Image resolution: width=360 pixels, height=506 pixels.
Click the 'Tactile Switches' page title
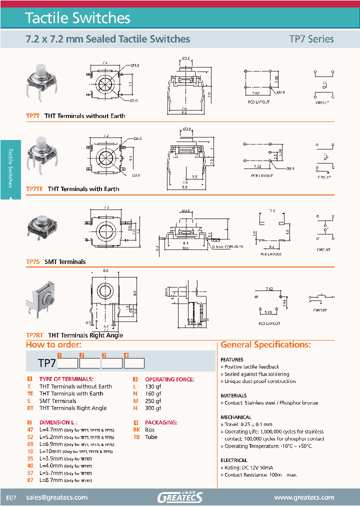coord(77,18)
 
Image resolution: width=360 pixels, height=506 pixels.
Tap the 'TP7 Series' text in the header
coord(311,39)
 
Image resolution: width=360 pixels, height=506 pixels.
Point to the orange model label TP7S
coord(32,261)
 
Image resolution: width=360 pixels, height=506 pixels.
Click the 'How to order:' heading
coord(53,345)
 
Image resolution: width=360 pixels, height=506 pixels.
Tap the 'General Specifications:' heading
coord(265,345)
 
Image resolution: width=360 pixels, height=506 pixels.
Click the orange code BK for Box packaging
coord(136,429)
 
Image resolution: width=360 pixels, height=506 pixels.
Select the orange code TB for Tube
coord(136,437)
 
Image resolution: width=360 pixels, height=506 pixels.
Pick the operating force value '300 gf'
coord(153,408)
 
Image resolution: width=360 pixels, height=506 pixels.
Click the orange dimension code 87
coord(29,480)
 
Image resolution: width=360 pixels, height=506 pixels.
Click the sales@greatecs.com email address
coord(56,497)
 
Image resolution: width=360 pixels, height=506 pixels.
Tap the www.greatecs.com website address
coord(304,497)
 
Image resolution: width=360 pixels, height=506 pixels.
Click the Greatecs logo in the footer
coord(179,497)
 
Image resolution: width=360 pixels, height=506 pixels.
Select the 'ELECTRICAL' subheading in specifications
coord(233,460)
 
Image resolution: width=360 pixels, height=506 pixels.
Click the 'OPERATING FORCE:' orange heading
coord(169,379)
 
